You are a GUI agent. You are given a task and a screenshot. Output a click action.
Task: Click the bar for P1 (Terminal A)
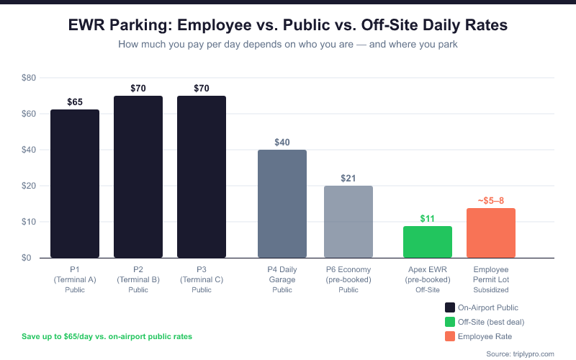(75, 184)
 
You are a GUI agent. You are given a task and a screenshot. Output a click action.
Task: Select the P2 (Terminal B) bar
(138, 176)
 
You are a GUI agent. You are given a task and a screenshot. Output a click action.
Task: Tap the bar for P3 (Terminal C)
(202, 176)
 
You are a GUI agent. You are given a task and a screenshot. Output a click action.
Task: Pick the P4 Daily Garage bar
(282, 204)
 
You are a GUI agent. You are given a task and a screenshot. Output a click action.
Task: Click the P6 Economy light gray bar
(348, 222)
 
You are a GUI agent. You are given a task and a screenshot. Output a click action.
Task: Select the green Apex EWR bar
(428, 242)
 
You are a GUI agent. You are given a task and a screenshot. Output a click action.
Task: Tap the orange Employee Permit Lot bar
(491, 233)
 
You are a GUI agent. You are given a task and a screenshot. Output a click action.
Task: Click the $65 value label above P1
(75, 102)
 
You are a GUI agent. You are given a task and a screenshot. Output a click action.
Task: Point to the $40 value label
(282, 143)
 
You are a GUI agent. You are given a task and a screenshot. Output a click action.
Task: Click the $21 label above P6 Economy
(348, 179)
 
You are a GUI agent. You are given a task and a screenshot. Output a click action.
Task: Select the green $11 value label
(428, 218)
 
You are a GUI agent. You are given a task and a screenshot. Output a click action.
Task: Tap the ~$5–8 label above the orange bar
(491, 200)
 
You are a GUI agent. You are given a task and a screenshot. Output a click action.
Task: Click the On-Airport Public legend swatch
(450, 307)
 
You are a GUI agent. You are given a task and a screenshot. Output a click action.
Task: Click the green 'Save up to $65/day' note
(107, 336)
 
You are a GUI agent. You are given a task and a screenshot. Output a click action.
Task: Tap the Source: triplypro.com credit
(521, 354)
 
